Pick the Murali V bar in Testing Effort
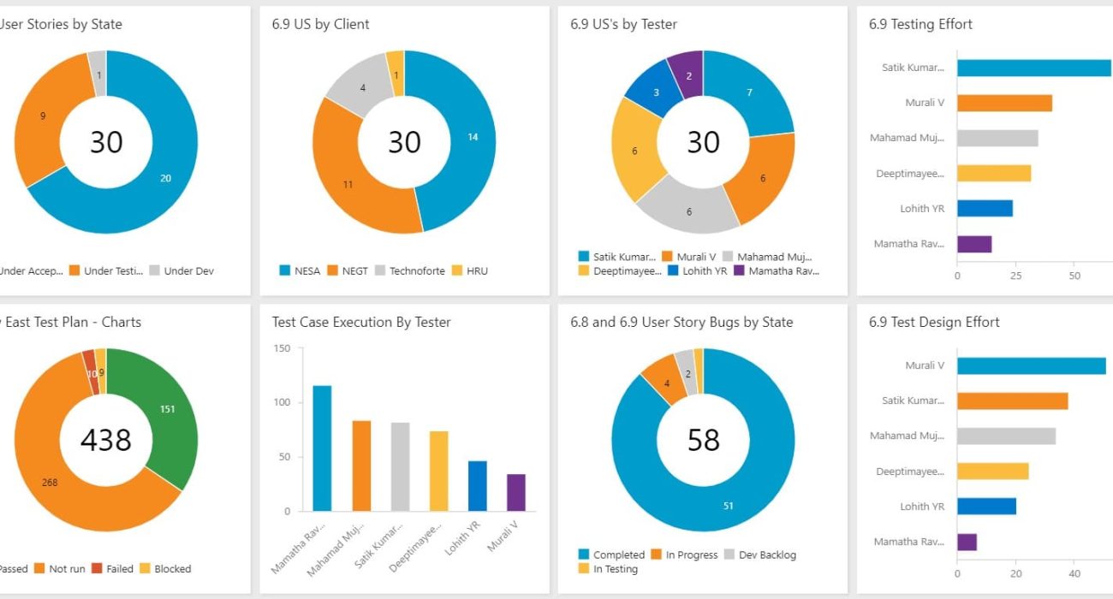coord(1004,103)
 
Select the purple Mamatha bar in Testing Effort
coord(974,244)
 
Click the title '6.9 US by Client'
coord(321,24)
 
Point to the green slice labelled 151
coord(167,409)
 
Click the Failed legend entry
coord(112,569)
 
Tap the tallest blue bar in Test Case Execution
coord(322,448)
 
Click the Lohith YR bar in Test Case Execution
coord(477,486)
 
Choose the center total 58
coord(703,439)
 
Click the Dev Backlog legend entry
coord(760,555)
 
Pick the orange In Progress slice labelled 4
coord(665,383)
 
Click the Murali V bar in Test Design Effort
coord(1031,365)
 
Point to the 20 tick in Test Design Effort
coord(1016,573)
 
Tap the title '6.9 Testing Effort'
coord(920,24)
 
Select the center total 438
coord(105,439)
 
